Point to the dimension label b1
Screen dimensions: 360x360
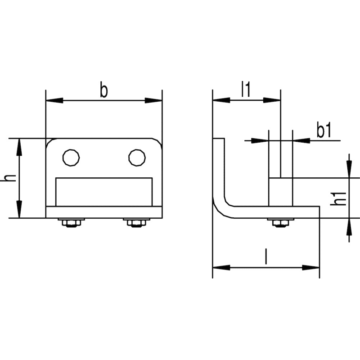click(324, 130)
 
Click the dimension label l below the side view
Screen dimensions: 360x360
click(266, 256)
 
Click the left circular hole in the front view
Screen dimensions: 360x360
click(71, 158)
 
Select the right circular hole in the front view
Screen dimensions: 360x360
click(137, 158)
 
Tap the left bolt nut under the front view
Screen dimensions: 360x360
click(71, 223)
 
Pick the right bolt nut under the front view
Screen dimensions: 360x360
click(137, 223)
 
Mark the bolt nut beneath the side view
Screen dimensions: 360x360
click(281, 223)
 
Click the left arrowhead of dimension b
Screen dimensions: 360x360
click(54, 100)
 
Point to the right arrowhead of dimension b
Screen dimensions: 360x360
click(153, 100)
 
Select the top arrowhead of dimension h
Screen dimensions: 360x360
click(19, 147)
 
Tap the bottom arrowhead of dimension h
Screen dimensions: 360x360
click(19, 209)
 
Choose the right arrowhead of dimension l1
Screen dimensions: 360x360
click(272, 100)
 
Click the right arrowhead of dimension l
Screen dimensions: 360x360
click(310, 267)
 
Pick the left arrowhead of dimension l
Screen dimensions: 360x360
click(221, 267)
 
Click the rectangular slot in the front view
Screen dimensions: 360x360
click(104, 192)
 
